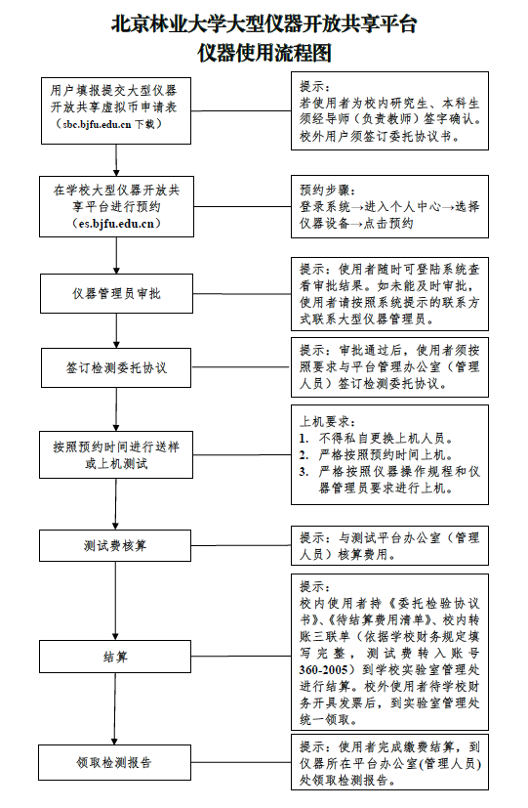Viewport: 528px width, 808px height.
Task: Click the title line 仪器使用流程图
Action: [264, 53]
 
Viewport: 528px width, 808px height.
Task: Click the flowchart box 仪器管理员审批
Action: [116, 293]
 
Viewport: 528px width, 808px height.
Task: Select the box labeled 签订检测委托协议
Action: [116, 367]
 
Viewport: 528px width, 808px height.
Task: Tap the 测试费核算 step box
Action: [115, 545]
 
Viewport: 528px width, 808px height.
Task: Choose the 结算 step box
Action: [115, 657]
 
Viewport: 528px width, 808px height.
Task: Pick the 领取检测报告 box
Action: [114, 762]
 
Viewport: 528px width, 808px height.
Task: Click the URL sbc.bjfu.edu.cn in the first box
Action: [97, 124]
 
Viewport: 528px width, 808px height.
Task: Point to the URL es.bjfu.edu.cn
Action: [116, 224]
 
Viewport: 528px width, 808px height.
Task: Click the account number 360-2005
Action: [324, 669]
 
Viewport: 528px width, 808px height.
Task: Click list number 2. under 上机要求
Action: [305, 455]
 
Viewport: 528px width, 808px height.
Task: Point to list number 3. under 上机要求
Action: [305, 472]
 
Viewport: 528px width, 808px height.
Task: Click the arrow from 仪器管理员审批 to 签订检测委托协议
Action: [116, 331]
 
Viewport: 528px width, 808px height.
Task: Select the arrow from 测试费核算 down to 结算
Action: [115, 601]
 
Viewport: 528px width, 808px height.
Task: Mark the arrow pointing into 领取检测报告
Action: [115, 709]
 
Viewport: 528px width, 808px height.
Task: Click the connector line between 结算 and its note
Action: [241, 656]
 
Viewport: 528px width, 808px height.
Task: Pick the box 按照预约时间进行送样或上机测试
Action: [116, 454]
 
